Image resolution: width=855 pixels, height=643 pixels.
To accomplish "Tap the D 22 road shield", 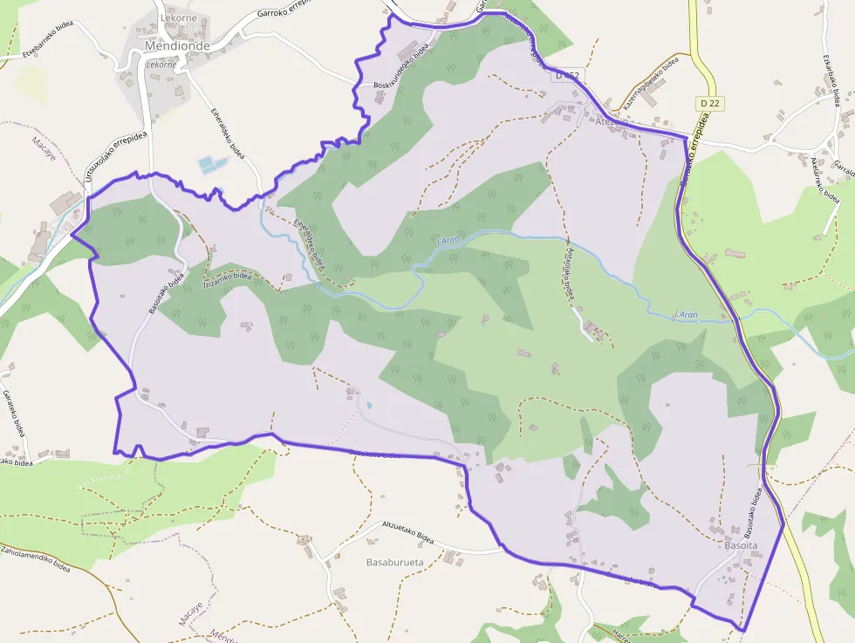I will (x=709, y=104).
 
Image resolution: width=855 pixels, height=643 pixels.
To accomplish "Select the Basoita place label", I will (x=742, y=545).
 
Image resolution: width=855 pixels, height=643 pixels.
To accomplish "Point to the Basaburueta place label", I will (x=395, y=562).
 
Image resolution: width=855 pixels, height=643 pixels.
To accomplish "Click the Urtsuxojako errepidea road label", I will (x=115, y=158).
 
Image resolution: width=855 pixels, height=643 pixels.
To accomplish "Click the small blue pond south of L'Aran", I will (x=368, y=406).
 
